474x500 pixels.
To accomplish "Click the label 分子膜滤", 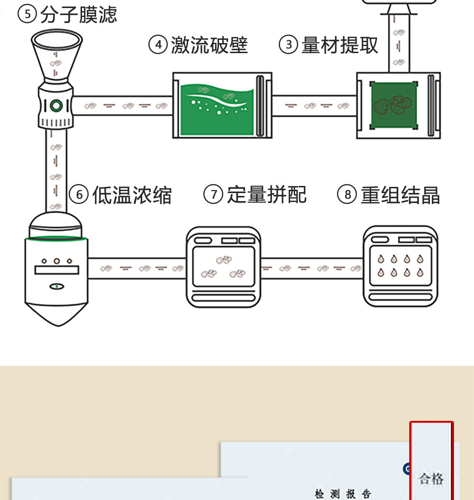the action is tap(78, 15).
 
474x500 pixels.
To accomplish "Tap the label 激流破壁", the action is tap(209, 46).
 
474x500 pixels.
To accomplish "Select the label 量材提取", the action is tap(340, 46).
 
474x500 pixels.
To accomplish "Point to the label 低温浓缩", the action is tap(132, 195).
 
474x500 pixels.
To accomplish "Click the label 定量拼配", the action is tap(267, 194).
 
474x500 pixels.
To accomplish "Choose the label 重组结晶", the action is tap(400, 195).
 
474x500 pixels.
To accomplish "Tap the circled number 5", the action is tap(27, 15).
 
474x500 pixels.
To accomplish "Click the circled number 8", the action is tap(347, 195).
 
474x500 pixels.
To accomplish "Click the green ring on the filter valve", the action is tap(56, 105).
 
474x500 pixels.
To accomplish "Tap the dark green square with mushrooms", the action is tap(394, 105).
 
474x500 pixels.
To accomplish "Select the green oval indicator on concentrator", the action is tap(56, 287).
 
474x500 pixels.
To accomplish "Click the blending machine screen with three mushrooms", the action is tap(223, 266).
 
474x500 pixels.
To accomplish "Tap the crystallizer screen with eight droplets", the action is tap(400, 266).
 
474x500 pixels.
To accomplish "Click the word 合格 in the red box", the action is tap(431, 478).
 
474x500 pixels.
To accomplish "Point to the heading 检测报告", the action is tap(343, 494).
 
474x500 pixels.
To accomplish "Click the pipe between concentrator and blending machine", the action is tap(137, 269).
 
